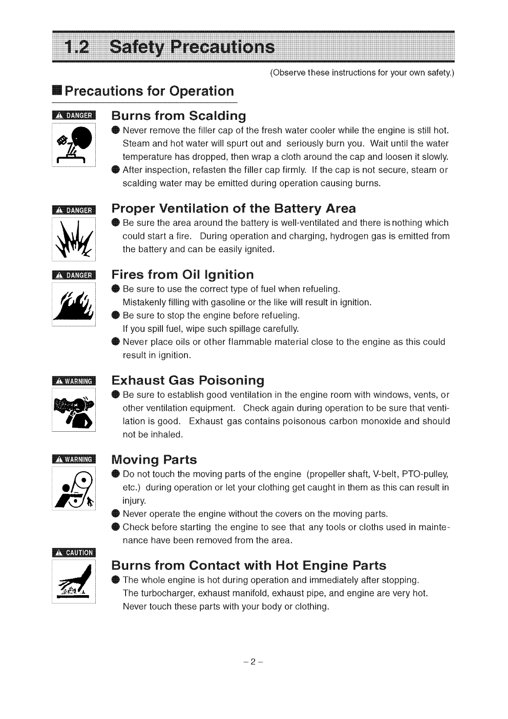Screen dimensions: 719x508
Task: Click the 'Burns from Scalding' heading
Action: (x=178, y=116)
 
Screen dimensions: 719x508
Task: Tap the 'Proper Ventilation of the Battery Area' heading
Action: (x=234, y=208)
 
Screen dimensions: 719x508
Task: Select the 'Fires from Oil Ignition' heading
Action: (x=183, y=275)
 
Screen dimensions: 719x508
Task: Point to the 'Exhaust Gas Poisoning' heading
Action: (x=188, y=379)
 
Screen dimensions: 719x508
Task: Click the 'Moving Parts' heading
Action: (x=154, y=460)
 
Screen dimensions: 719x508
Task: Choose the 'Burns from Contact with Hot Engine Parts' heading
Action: (x=249, y=565)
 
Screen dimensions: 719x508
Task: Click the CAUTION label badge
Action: (x=74, y=553)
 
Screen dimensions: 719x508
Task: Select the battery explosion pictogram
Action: (x=74, y=239)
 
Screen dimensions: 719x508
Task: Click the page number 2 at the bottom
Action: (x=253, y=662)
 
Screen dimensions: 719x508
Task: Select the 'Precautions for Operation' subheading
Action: (x=149, y=91)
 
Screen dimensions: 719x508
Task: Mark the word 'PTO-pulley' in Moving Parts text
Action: (x=423, y=474)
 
